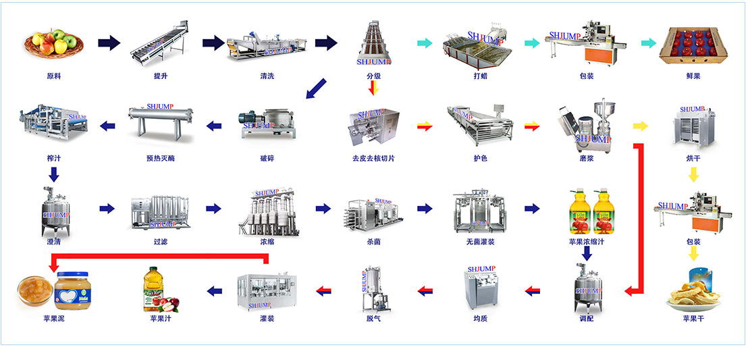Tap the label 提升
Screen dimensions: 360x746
(x=161, y=76)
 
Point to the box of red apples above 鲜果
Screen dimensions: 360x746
(x=692, y=45)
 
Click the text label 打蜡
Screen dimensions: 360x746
(x=480, y=76)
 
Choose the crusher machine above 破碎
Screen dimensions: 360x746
(x=267, y=124)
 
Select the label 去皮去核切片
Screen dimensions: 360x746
(x=373, y=159)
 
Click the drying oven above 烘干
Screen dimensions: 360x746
(x=692, y=125)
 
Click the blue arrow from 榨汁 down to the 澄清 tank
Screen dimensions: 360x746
(x=54, y=174)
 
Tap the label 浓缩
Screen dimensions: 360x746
(x=267, y=240)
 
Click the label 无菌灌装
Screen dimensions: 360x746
(x=480, y=240)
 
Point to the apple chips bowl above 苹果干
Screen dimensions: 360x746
(x=692, y=290)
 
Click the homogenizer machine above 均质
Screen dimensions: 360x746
(x=480, y=289)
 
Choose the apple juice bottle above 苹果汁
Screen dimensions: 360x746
(x=159, y=289)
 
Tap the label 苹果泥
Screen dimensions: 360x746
(x=53, y=318)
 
